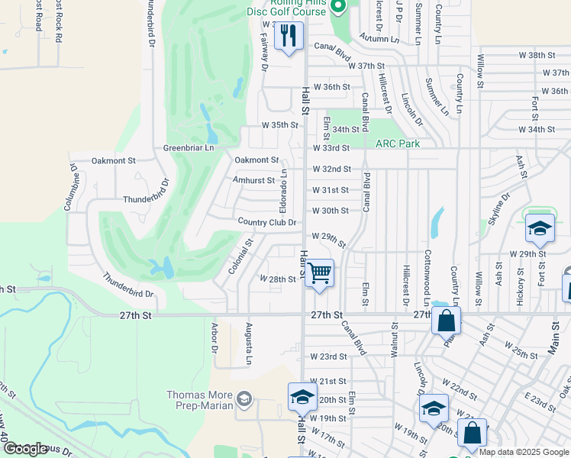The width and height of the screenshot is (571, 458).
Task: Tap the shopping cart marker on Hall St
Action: [319, 273]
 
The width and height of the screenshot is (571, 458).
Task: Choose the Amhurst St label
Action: [253, 181]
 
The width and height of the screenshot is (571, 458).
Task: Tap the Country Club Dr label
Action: [266, 222]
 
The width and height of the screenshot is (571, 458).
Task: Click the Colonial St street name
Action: [240, 258]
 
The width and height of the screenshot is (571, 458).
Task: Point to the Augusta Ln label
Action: [248, 343]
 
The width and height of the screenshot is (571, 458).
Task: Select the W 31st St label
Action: [330, 190]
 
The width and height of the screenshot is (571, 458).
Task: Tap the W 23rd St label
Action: [328, 356]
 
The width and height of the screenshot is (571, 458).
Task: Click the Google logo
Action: [26, 449]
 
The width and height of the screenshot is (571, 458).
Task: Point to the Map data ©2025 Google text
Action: [524, 452]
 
